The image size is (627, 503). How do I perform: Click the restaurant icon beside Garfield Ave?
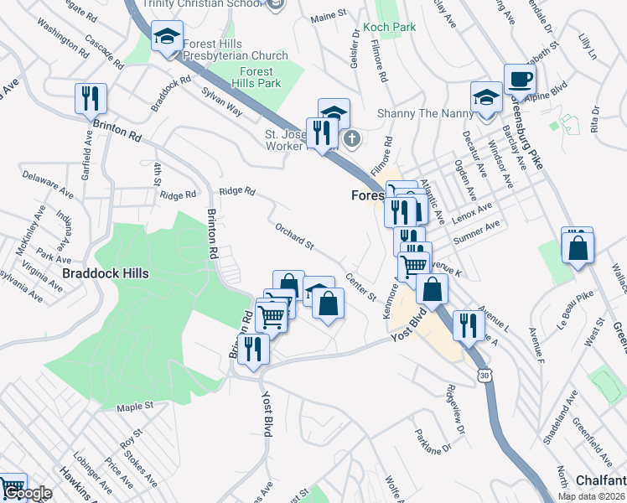pos(90,99)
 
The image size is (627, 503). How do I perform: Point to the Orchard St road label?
pos(293,236)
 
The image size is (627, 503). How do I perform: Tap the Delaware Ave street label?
pos(44,178)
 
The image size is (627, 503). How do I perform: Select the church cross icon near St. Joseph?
pos(352,139)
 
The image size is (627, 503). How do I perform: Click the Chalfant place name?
pos(601,480)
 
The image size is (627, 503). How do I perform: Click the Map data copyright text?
pos(592,496)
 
